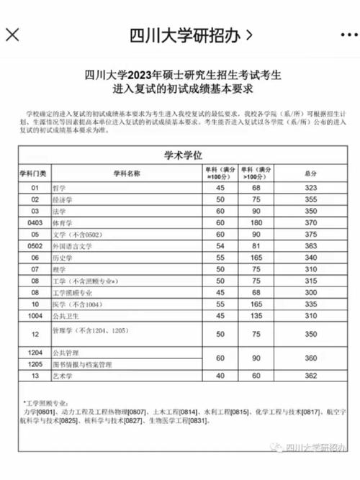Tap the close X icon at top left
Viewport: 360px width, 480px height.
point(13,35)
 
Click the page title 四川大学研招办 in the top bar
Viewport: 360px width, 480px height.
point(189,35)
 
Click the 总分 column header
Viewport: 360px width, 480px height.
point(311,173)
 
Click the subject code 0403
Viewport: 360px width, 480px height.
point(33,222)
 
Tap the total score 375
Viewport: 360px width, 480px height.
point(311,234)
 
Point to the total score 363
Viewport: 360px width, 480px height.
point(311,245)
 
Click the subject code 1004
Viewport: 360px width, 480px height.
point(33,315)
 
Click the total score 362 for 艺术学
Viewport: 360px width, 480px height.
point(311,376)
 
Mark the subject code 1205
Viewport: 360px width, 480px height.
point(33,365)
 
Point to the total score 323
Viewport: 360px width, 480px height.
point(311,187)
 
